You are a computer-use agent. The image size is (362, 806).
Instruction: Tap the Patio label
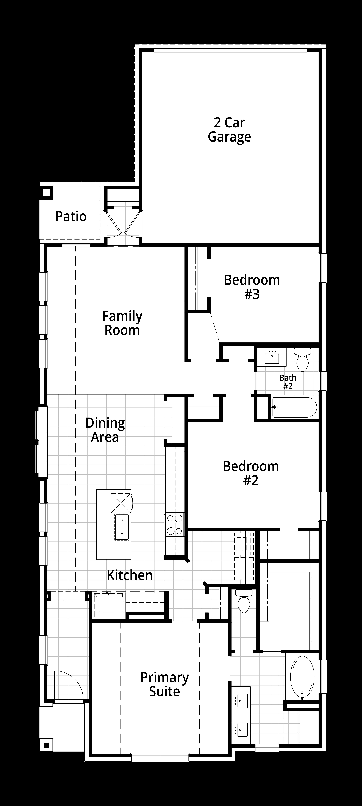[x=71, y=216]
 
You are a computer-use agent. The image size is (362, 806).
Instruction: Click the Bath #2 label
[x=288, y=382]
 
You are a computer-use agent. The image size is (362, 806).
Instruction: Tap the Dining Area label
[x=105, y=430]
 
